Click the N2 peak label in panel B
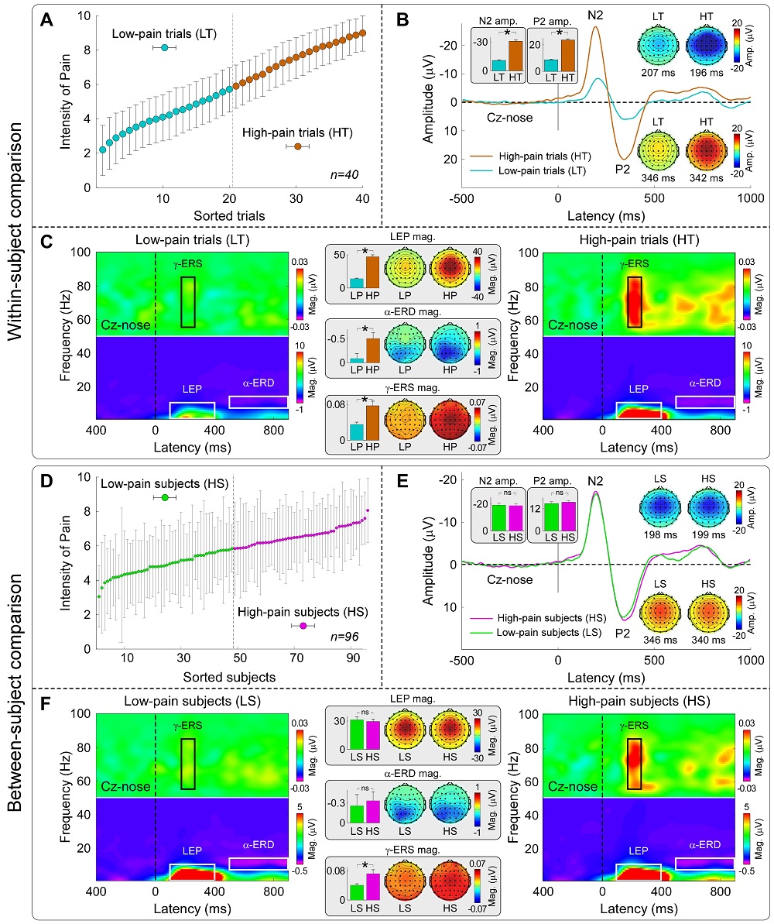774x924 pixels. [x=595, y=15]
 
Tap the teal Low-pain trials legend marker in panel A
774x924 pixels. [x=164, y=48]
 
